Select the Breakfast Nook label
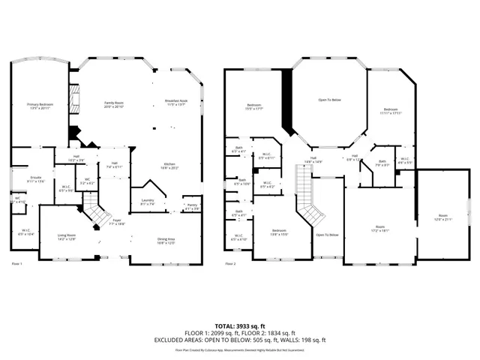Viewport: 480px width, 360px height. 176,102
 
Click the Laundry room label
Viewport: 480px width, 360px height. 148,201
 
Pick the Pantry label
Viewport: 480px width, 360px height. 191,206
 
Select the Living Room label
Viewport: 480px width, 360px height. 67,237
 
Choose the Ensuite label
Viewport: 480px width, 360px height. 36,179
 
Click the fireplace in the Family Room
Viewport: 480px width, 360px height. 73,97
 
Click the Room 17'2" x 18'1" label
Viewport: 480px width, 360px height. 380,229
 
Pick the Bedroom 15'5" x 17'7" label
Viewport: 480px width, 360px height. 254,106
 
